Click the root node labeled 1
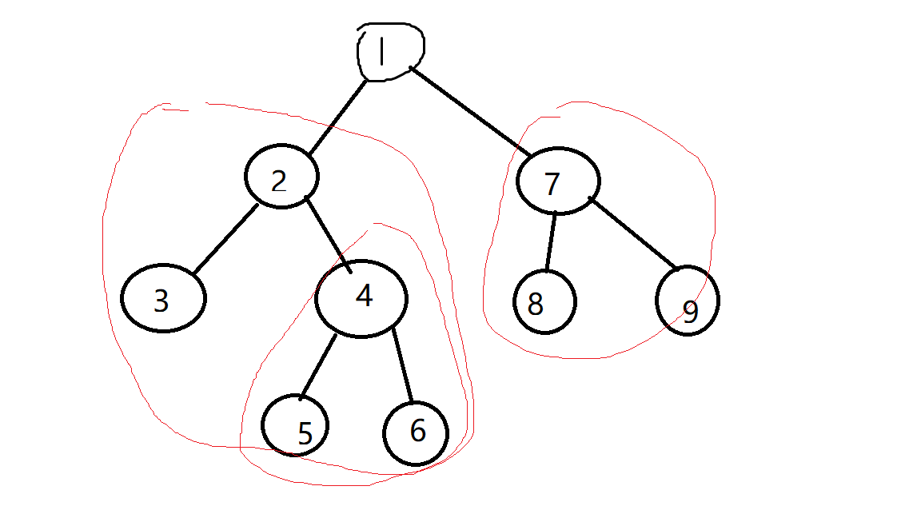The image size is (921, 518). click(389, 51)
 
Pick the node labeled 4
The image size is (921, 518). click(361, 298)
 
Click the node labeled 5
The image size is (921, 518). click(297, 425)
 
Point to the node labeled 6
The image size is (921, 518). click(416, 432)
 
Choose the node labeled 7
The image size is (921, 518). click(558, 181)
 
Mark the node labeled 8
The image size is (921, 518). click(544, 301)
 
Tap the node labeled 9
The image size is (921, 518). click(687, 301)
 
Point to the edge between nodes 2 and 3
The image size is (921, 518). click(225, 239)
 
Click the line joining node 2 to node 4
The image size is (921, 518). click(328, 233)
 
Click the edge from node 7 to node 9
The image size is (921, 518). click(633, 233)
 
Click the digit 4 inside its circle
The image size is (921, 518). click(364, 297)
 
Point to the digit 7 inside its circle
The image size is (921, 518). click(552, 185)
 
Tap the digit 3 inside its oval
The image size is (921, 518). click(161, 301)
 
